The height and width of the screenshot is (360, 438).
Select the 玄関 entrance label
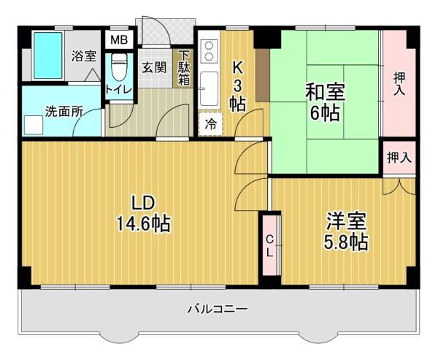click(153, 68)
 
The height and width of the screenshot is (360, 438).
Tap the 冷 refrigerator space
click(210, 124)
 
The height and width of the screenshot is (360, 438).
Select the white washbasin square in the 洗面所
click(34, 125)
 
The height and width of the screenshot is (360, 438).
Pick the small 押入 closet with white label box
click(399, 157)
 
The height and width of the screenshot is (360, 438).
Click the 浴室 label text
click(83, 55)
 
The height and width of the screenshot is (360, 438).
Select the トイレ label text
click(118, 89)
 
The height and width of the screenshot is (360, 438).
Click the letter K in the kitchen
click(237, 67)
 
